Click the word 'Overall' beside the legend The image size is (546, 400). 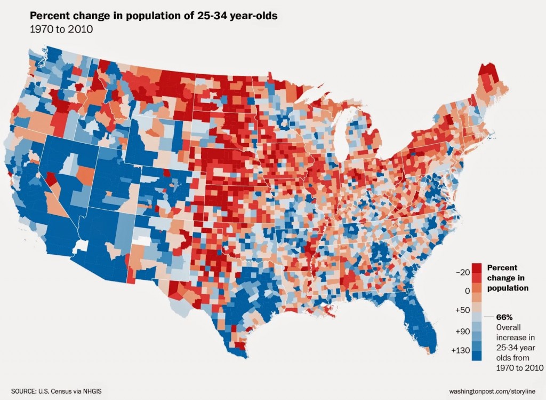point(509,327)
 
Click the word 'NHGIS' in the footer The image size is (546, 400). point(90,391)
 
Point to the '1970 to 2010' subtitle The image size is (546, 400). point(61,29)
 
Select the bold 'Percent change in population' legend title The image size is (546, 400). point(508,278)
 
